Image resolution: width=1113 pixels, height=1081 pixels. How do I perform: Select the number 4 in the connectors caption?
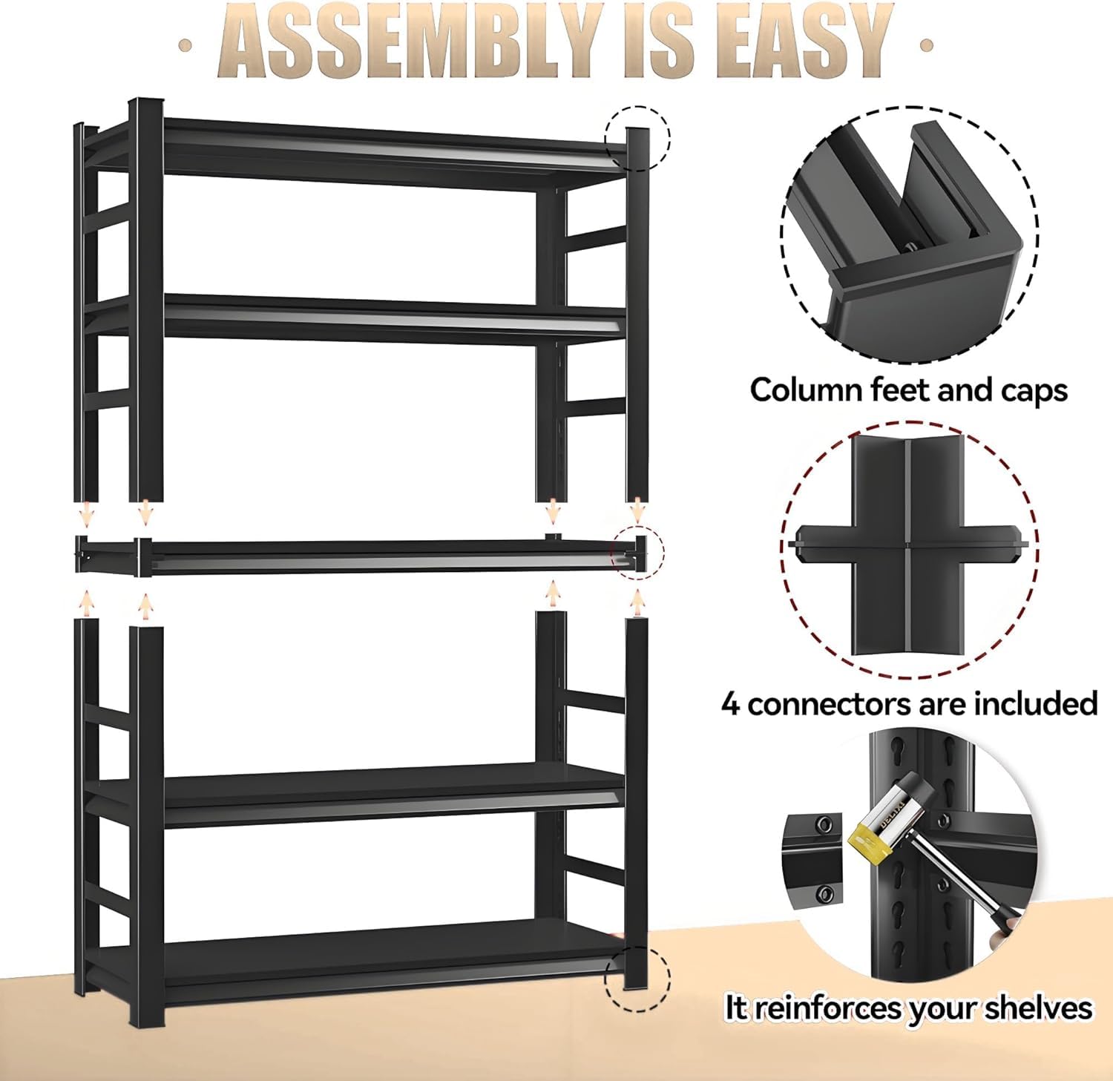click(x=731, y=703)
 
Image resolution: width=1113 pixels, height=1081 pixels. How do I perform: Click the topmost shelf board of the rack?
click(x=393, y=152)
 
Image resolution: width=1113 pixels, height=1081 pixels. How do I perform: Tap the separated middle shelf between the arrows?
click(x=356, y=555)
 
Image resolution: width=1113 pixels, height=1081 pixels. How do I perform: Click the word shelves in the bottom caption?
click(x=1039, y=1008)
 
